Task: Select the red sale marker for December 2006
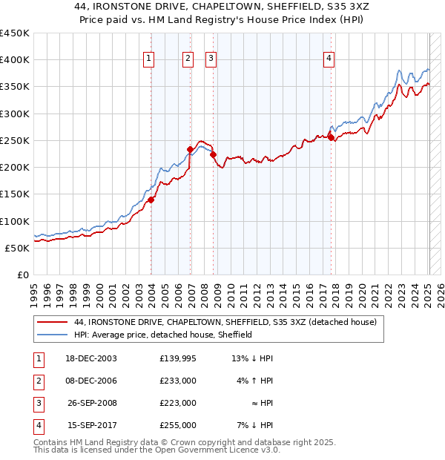[x=190, y=149]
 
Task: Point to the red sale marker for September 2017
[x=331, y=137]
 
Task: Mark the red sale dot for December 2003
[x=151, y=199]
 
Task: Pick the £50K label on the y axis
[x=18, y=248]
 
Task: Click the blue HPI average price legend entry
[x=163, y=335]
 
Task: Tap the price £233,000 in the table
[x=178, y=381]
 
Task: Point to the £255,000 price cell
[x=178, y=425]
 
